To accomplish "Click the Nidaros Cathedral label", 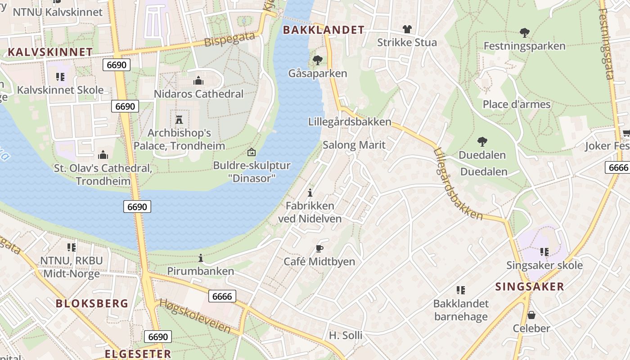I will click(x=198, y=94).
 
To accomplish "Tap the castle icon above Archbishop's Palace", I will click(x=179, y=120).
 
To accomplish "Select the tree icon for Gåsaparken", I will click(x=318, y=60).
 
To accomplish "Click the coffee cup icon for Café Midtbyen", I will click(x=319, y=248).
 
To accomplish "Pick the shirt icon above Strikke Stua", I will click(x=407, y=30).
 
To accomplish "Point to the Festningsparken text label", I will click(x=524, y=46).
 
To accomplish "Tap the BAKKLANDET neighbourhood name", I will click(x=323, y=30).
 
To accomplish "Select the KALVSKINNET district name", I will click(x=50, y=52).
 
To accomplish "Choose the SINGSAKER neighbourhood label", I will click(x=530, y=287).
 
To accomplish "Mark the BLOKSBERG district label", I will click(x=92, y=303).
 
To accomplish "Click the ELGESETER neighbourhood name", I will click(x=138, y=354).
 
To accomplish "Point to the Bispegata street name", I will click(x=229, y=40).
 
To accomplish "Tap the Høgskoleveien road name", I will click(x=195, y=316).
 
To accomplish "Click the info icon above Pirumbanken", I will click(x=201, y=258).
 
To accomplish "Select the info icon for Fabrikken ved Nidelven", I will click(x=310, y=193).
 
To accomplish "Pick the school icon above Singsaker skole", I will click(x=544, y=252).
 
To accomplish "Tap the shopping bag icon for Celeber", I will click(x=531, y=315).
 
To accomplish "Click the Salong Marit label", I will click(x=354, y=145).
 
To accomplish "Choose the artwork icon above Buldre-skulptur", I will click(x=252, y=152).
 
